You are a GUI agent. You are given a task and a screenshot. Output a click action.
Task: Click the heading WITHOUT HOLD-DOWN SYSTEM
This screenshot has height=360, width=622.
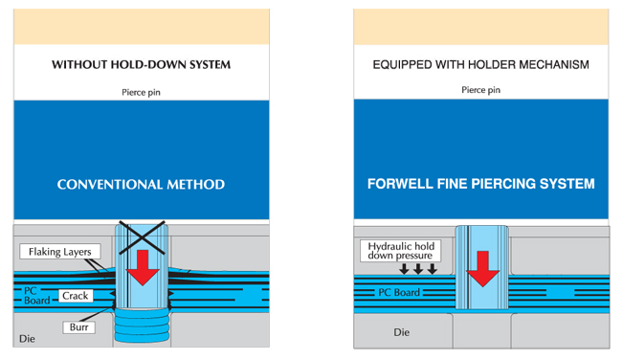tap(142, 64)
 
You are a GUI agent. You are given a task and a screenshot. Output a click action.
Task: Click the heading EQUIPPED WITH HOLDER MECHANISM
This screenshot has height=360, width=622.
tap(480, 64)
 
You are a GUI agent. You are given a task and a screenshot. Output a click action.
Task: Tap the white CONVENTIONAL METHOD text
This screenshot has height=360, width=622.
tap(141, 184)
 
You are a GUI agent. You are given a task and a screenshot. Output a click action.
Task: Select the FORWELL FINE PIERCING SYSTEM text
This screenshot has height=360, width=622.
tap(480, 184)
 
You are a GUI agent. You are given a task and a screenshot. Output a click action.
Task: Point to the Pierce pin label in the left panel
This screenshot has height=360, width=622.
tap(141, 93)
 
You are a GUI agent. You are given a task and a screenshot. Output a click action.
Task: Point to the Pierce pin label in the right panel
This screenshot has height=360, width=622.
tap(480, 90)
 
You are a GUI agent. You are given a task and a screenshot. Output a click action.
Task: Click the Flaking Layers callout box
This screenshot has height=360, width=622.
tap(60, 252)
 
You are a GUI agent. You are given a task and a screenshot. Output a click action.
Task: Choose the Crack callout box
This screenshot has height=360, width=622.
tap(76, 296)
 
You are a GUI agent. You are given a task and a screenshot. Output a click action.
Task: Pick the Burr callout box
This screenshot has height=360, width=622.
tap(78, 327)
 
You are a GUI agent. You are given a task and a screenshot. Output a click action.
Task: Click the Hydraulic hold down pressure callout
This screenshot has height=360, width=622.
tap(401, 251)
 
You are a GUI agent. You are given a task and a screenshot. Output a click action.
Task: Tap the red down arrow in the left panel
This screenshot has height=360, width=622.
tap(143, 267)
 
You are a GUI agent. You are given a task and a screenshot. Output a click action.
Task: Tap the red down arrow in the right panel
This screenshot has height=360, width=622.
tap(482, 269)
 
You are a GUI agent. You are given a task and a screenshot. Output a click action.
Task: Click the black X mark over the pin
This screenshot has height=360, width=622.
tap(142, 237)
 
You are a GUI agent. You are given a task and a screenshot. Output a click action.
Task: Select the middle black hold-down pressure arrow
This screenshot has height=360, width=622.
tap(418, 269)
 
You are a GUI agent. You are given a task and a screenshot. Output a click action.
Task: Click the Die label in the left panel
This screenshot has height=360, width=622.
tap(27, 339)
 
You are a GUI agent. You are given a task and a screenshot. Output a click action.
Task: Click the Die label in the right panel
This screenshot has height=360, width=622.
tap(402, 332)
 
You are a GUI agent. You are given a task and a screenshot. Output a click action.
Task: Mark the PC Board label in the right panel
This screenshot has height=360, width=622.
tap(399, 293)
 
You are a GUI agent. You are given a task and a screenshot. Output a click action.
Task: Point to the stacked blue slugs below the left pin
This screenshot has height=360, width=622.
tap(142, 326)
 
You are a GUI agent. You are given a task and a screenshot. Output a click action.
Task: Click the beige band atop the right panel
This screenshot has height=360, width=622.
tap(480, 27)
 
